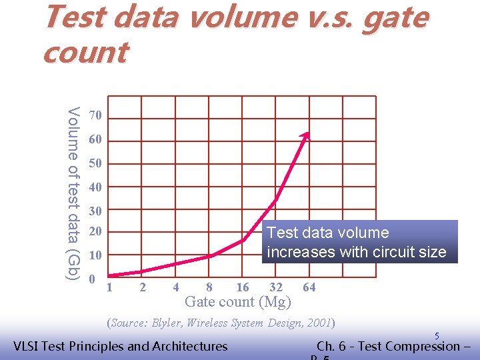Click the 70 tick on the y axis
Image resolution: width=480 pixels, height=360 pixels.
coord(96,116)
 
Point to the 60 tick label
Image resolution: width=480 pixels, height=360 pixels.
coord(96,141)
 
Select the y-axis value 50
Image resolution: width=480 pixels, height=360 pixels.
coord(96,164)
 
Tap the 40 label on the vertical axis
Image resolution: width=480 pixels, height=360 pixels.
coord(96,187)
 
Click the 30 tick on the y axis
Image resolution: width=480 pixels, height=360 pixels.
coord(96,211)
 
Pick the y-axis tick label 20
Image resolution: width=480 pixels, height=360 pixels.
coord(96,232)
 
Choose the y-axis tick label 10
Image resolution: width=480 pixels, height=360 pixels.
coord(96,255)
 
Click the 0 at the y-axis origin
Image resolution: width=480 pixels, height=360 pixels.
coord(93,278)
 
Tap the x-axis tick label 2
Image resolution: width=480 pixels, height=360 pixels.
coord(142,287)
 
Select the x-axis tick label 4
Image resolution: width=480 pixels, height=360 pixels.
coord(175,287)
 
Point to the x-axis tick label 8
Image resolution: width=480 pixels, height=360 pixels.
coord(209,287)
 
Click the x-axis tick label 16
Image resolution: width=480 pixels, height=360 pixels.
coord(243,287)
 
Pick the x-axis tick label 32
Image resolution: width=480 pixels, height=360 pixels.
coord(276,287)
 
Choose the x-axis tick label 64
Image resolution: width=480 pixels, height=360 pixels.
coord(309,287)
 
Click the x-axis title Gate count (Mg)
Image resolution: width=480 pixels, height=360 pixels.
coord(238,302)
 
